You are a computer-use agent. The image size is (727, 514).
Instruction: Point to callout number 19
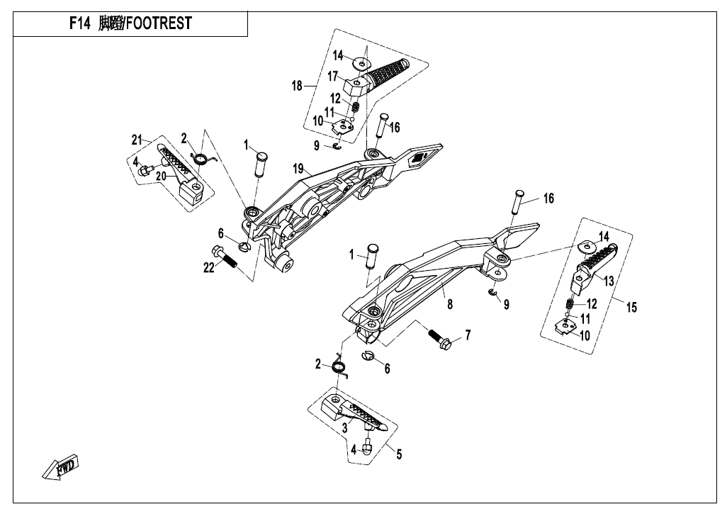298,168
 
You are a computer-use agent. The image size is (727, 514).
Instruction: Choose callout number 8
449,306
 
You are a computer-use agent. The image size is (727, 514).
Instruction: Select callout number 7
466,334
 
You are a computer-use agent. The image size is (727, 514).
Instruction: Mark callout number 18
297,86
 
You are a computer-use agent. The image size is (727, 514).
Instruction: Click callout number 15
631,307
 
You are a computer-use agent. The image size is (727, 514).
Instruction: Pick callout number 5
398,454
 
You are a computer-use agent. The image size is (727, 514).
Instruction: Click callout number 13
608,281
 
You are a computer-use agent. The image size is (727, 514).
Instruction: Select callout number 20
162,175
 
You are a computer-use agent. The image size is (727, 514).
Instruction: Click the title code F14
80,23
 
